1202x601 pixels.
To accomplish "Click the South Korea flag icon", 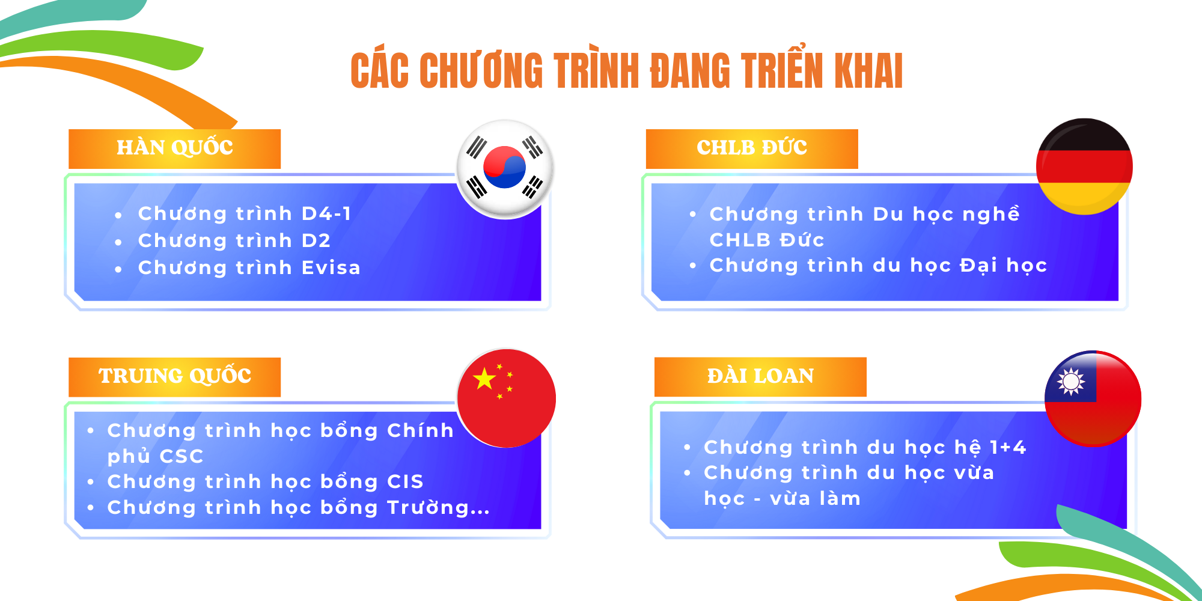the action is [x=505, y=169].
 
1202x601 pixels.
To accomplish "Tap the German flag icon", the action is [x=1084, y=166].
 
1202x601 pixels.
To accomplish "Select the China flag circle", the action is [x=507, y=398].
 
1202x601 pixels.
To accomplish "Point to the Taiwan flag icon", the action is [x=1093, y=398].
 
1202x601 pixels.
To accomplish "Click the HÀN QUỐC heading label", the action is [x=174, y=148].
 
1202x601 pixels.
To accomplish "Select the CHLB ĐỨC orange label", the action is [x=752, y=148].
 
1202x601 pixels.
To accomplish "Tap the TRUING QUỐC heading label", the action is [x=174, y=377].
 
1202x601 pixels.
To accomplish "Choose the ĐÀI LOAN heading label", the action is [x=760, y=377].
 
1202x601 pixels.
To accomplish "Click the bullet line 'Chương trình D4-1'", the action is [x=245, y=214].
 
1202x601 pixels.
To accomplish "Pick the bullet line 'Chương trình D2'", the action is [x=234, y=241].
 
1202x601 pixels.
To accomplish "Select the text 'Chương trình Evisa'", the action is [x=249, y=268].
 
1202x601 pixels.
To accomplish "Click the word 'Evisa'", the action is [x=331, y=267].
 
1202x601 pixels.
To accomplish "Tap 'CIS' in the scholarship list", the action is [x=405, y=481].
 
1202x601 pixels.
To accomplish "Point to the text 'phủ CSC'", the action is [x=155, y=456].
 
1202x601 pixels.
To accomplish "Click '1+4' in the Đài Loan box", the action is [x=1008, y=447].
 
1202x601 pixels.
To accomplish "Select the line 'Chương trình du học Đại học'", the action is [x=878, y=266].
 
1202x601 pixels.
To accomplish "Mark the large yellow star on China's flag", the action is [x=484, y=379].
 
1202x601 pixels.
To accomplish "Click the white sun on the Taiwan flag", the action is [x=1071, y=381].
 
